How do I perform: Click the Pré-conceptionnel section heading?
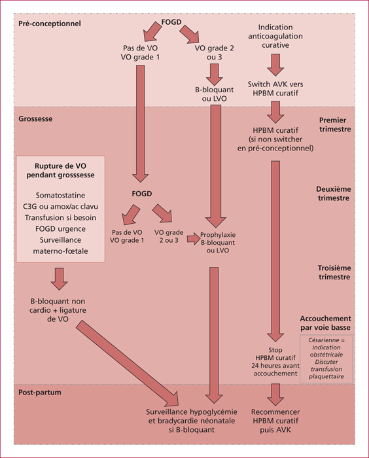50,24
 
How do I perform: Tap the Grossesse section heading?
35,119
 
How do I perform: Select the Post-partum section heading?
40,392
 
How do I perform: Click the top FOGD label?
171,22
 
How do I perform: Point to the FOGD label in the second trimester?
142,194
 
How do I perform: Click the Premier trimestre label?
335,124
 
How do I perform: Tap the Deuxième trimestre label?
334,194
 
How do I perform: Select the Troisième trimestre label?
334,272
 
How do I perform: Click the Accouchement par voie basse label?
325,323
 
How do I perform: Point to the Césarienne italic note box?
326,359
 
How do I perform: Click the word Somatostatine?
60,195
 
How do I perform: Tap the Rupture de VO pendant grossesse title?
60,170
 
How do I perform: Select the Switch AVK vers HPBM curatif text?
275,88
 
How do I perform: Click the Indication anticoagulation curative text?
275,36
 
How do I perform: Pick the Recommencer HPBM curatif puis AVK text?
275,421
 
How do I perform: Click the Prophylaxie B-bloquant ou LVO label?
218,243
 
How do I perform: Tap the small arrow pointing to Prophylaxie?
193,239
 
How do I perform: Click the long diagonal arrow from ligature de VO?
128,363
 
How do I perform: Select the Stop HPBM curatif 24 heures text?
275,362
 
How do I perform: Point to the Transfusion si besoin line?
60,218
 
